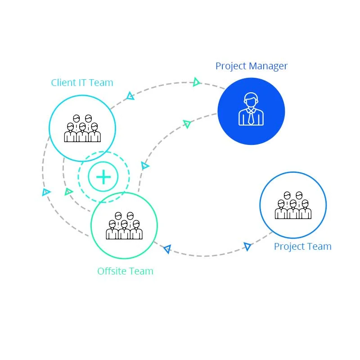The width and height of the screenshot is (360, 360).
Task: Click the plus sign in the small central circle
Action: pyautogui.click(x=103, y=177)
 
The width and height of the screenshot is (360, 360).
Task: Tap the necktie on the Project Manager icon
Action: pyautogui.click(x=251, y=117)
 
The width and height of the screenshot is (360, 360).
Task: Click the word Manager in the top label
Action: pyautogui.click(x=268, y=67)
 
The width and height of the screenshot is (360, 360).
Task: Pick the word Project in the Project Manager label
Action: pyautogui.click(x=231, y=67)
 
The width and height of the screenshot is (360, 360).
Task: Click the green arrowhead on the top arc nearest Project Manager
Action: pyautogui.click(x=196, y=82)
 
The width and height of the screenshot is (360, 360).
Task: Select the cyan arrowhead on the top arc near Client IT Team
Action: pyautogui.click(x=130, y=96)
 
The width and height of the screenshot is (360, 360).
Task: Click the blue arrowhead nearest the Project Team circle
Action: pyautogui.click(x=247, y=247)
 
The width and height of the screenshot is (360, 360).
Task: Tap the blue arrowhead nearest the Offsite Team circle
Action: pyautogui.click(x=168, y=249)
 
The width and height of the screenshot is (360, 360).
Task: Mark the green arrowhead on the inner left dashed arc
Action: pyautogui.click(x=68, y=192)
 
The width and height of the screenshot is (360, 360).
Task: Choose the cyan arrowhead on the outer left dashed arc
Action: pyautogui.click(x=46, y=192)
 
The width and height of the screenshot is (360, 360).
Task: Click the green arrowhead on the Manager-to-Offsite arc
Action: pyautogui.click(x=187, y=124)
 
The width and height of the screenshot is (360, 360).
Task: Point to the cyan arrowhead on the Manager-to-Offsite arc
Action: pyautogui.click(x=144, y=166)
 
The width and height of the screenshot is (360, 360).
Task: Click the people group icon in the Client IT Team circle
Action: pyautogui.click(x=82, y=128)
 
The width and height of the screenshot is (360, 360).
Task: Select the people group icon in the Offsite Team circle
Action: pyautogui.click(x=124, y=226)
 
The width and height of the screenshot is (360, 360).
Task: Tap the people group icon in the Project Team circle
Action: pyautogui.click(x=293, y=205)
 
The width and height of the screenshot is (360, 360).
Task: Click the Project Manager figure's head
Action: pyautogui.click(x=251, y=100)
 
